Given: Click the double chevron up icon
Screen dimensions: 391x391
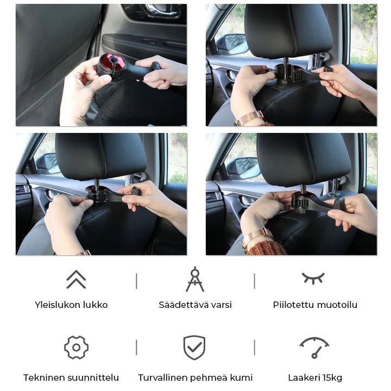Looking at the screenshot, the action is point(77,279).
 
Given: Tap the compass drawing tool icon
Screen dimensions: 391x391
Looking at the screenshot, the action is point(195,279).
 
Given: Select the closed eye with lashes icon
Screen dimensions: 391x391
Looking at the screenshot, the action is point(313,278).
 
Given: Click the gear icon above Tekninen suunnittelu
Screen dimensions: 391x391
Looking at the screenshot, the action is point(77,348).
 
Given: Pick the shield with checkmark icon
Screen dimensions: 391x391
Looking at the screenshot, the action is point(194,348).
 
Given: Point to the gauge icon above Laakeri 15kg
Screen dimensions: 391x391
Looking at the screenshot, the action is point(314,347).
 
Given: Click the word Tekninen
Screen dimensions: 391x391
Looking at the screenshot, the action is point(41,377).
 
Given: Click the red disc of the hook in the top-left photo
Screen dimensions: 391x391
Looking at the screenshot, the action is point(111,62).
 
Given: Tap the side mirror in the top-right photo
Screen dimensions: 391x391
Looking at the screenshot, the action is point(232,45).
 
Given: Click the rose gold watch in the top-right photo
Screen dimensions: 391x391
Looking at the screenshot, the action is point(249,118).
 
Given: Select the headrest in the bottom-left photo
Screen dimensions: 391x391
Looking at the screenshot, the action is point(102,156).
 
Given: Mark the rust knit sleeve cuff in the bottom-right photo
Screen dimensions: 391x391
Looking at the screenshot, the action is point(266,248).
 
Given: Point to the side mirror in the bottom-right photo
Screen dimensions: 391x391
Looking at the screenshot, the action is point(243,168).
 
